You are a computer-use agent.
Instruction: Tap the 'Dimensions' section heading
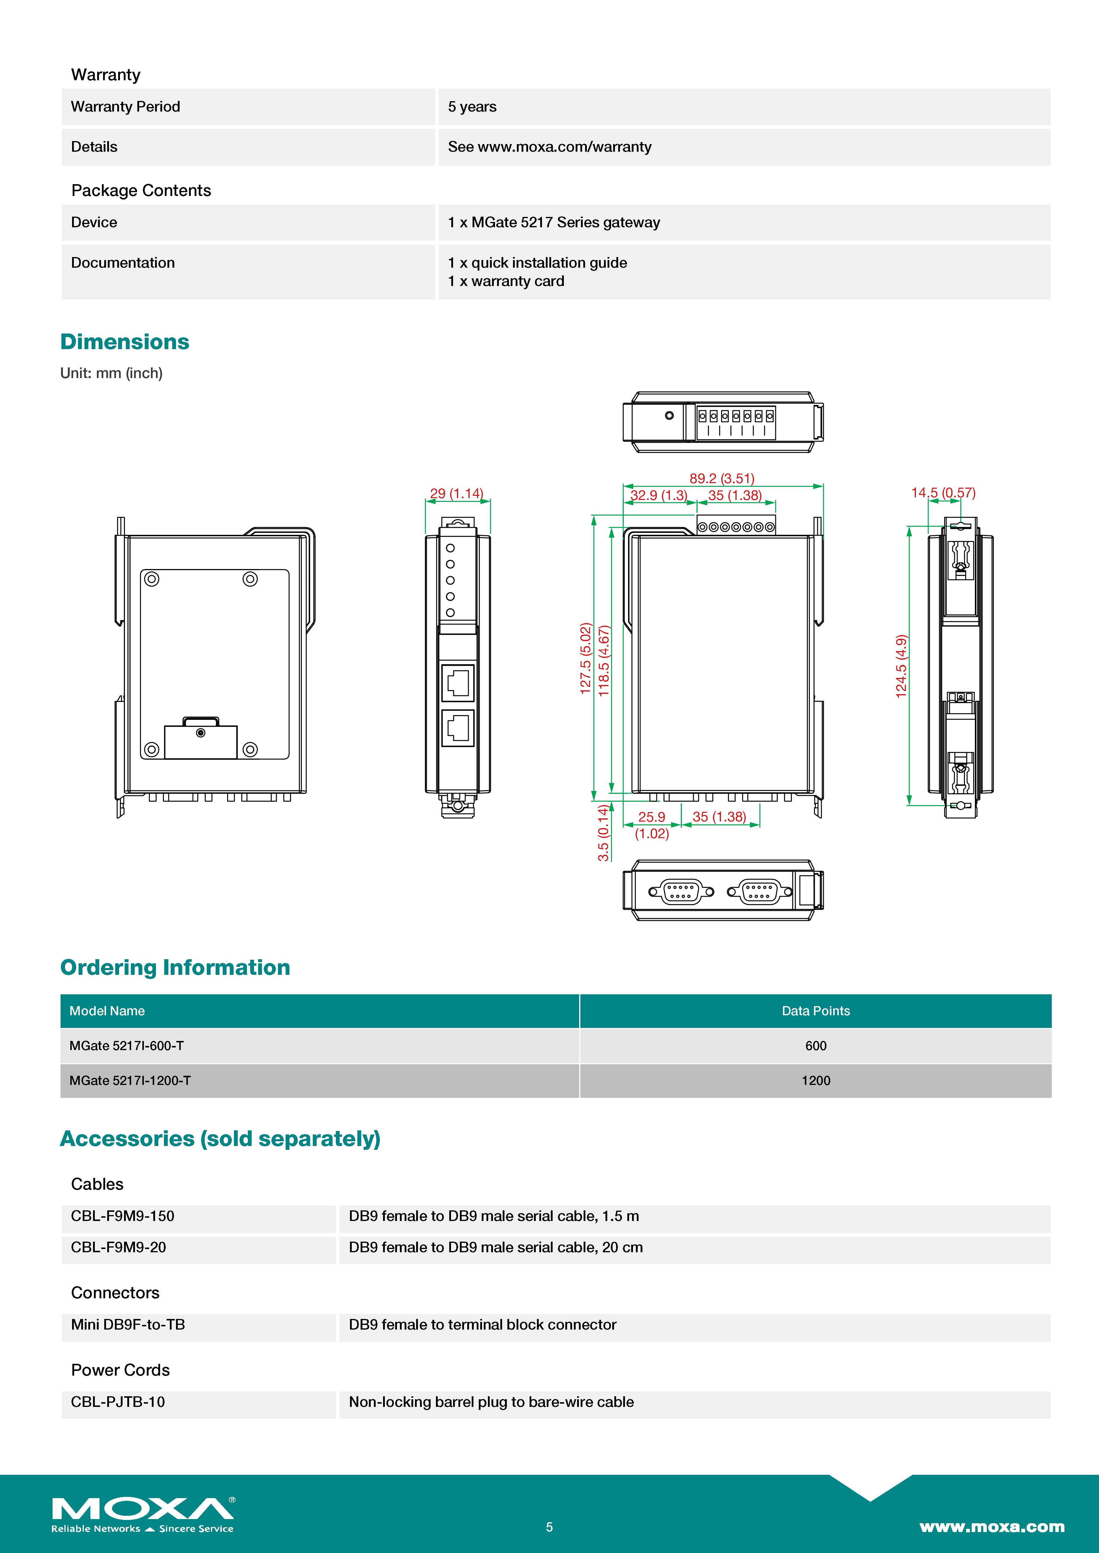tap(125, 341)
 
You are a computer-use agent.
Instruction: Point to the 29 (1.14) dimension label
tap(457, 493)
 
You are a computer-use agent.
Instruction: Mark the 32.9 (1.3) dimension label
tap(658, 495)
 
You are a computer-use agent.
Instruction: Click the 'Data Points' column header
tap(815, 1011)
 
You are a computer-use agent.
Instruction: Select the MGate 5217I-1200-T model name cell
tap(130, 1080)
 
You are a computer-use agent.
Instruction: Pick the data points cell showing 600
tap(815, 1046)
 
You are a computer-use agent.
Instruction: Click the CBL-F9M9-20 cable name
tap(118, 1247)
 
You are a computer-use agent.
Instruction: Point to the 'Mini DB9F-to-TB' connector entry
tap(128, 1324)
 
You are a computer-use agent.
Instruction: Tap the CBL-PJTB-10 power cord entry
tap(118, 1402)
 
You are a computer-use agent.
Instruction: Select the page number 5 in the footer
tap(549, 1527)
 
